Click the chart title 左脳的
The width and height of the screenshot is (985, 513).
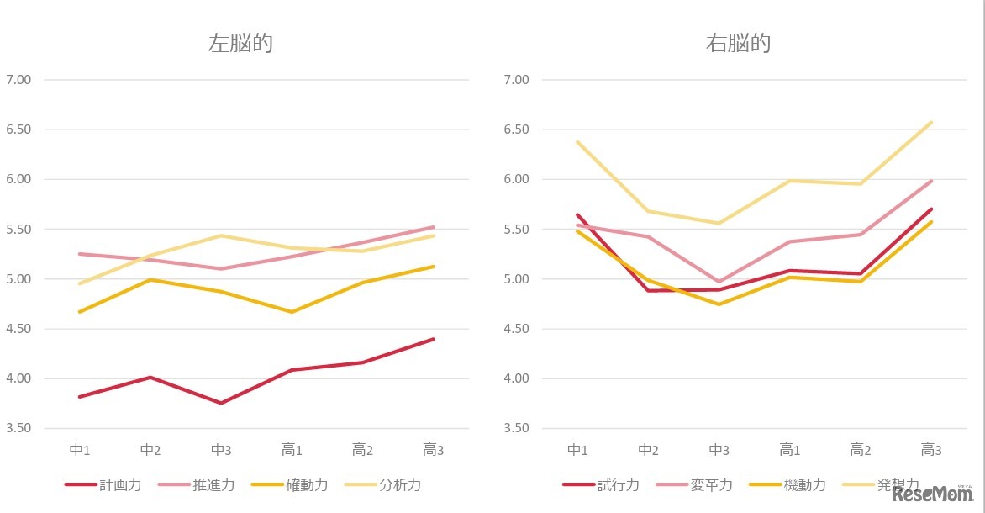point(240,44)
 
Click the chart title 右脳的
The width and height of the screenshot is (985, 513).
point(738,44)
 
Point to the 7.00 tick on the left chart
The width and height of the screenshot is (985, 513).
point(18,80)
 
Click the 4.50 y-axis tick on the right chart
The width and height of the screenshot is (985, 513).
point(515,329)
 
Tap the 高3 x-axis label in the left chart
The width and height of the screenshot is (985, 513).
point(433,450)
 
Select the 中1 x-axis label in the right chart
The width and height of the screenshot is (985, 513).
point(577,450)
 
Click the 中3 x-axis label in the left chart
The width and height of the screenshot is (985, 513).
point(221,450)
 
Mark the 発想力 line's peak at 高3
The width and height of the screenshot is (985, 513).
point(931,122)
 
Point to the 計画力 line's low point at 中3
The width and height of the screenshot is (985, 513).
point(221,403)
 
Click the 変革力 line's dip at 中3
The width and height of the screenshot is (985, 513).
point(719,282)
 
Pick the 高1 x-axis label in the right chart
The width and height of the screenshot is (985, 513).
point(789,450)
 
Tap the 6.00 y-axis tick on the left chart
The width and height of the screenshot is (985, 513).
point(18,179)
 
